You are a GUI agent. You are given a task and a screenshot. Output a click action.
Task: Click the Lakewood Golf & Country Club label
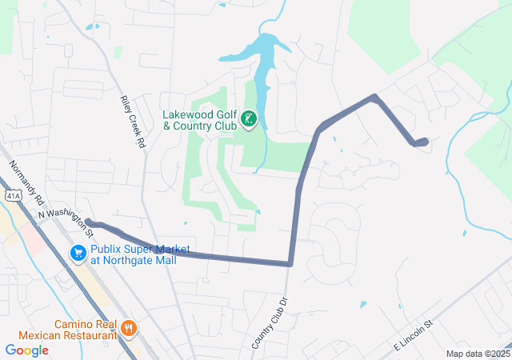[200, 120]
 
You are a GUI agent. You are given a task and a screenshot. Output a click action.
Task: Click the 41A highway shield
[11, 194]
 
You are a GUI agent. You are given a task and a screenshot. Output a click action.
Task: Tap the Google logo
[26, 350]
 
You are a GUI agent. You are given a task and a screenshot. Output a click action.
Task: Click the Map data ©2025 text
[478, 354]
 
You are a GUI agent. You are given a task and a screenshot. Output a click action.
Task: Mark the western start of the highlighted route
[88, 222]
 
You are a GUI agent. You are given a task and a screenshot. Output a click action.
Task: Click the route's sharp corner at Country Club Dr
[290, 263]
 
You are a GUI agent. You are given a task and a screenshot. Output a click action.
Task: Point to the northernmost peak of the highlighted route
[374, 98]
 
